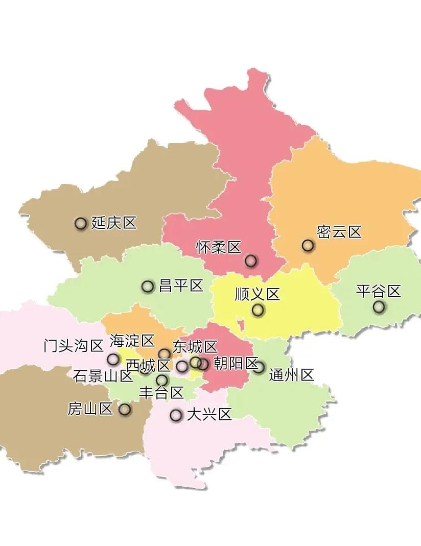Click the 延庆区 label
pyautogui.click(x=114, y=223)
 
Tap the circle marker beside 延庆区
pyautogui.click(x=80, y=223)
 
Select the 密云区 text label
pyautogui.click(x=339, y=232)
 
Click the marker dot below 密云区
pyautogui.click(x=308, y=246)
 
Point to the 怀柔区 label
pyautogui.click(x=219, y=248)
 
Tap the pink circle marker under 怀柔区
pyautogui.click(x=250, y=261)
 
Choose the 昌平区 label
pyautogui.click(x=181, y=286)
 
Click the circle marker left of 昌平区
pyautogui.click(x=148, y=287)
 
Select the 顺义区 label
pyautogui.click(x=258, y=295)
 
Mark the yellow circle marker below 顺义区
pyautogui.click(x=258, y=310)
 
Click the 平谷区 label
pyautogui.click(x=379, y=292)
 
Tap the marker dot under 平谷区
pyautogui.click(x=379, y=307)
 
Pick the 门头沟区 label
pyautogui.click(x=74, y=346)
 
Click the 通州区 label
pyautogui.click(x=291, y=375)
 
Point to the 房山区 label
pyautogui.click(x=90, y=409)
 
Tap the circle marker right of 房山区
pyautogui.click(x=124, y=409)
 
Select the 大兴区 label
pyautogui.click(x=209, y=414)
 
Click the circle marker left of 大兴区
pyautogui.click(x=176, y=415)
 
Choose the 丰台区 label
pyautogui.click(x=161, y=393)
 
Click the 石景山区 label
pyautogui.click(x=103, y=377)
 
